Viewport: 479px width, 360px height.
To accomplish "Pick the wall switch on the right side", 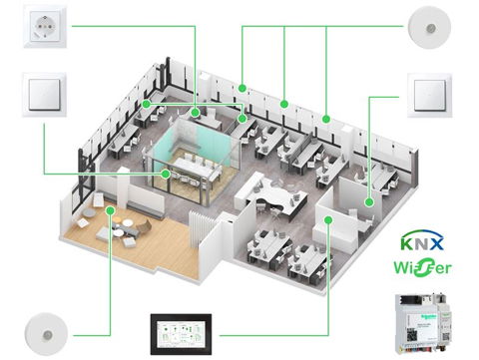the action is (x=431, y=93).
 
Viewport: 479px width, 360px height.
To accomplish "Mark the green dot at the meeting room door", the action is (x=166, y=175).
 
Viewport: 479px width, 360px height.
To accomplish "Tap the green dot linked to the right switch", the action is (x=368, y=202).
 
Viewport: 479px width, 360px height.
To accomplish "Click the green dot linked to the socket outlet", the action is (x=196, y=114).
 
